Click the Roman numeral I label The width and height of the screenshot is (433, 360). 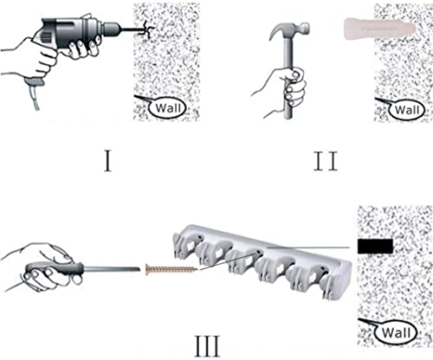(x=107, y=161)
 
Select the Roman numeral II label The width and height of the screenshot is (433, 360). (x=326, y=161)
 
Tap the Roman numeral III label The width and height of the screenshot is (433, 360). (x=208, y=346)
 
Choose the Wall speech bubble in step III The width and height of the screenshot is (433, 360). (x=390, y=331)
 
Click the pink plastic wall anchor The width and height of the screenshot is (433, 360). (x=380, y=29)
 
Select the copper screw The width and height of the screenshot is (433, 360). (x=172, y=270)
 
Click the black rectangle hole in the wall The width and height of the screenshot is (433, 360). (x=375, y=247)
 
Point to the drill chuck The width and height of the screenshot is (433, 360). (x=113, y=29)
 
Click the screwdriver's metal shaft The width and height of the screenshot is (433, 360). (x=112, y=269)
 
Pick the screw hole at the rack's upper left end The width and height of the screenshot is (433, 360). (x=199, y=238)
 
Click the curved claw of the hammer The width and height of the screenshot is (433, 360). (x=276, y=32)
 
